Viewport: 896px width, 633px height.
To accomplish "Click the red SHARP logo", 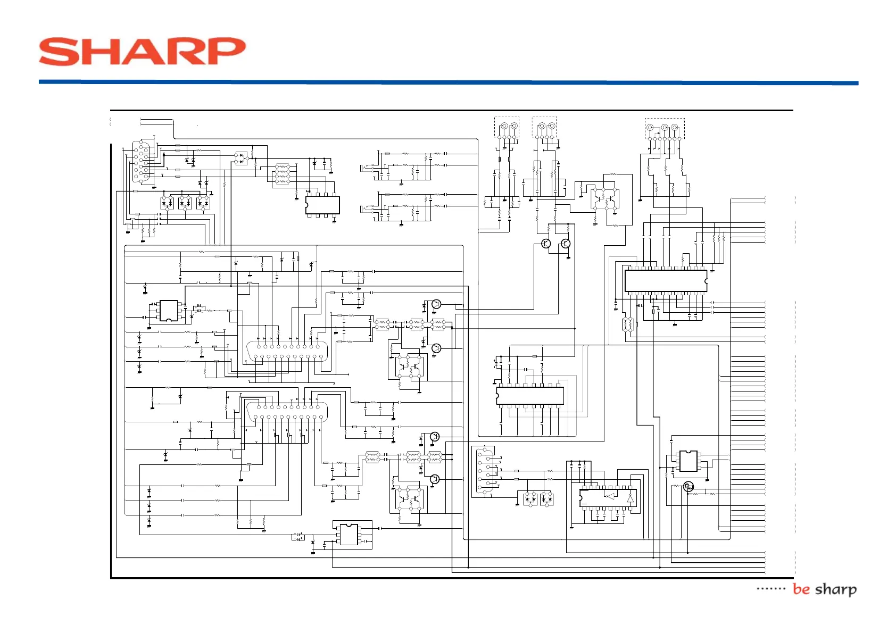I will [x=142, y=52].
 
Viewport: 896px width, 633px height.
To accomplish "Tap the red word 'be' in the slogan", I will [x=801, y=589].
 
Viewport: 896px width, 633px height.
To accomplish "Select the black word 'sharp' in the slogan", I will [x=836, y=589].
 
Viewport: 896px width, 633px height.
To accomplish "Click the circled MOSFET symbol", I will [x=688, y=486].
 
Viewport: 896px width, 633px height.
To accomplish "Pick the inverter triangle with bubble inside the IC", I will [x=610, y=496].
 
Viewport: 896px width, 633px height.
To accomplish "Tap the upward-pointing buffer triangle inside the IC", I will [x=630, y=498].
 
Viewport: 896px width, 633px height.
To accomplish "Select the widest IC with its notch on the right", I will [x=666, y=281].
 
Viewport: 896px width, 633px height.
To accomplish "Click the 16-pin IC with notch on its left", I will [x=529, y=396].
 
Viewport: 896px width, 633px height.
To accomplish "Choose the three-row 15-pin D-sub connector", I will [x=143, y=161].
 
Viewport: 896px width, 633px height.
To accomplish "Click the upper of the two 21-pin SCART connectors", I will [x=287, y=352].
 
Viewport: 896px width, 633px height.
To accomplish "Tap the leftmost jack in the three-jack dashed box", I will [x=650, y=128].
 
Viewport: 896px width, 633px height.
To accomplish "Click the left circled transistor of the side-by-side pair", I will [x=546, y=244].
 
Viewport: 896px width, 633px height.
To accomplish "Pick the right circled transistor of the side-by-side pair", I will [x=566, y=244].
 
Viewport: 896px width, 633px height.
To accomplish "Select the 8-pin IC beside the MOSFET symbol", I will [x=688, y=461].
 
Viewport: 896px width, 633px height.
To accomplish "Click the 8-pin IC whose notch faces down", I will [x=169, y=311].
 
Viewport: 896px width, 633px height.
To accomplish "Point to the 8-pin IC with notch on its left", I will [x=322, y=205].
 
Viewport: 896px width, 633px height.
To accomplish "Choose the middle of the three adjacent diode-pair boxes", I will [x=185, y=203].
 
